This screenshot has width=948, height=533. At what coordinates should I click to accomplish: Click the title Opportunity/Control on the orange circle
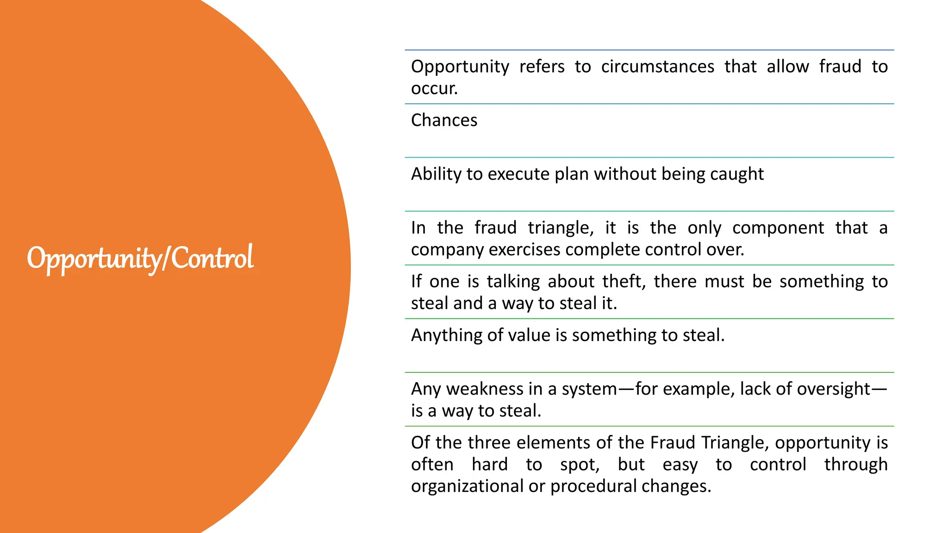(x=140, y=258)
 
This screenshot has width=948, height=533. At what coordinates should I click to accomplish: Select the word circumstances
(x=658, y=67)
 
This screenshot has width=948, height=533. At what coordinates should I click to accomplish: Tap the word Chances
(x=444, y=120)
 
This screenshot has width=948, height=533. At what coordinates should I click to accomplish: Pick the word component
(x=778, y=228)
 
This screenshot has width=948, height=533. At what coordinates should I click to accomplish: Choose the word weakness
(x=485, y=389)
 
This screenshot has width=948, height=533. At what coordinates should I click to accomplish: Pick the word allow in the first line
(x=788, y=67)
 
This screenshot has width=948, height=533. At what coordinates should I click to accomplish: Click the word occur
(x=433, y=88)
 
